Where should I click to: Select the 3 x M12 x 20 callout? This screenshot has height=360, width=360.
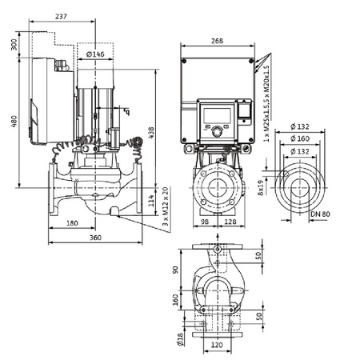point(166,205)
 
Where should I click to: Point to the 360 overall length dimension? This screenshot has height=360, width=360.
point(94,238)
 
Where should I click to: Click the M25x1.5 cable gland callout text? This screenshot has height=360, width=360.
point(266,100)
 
